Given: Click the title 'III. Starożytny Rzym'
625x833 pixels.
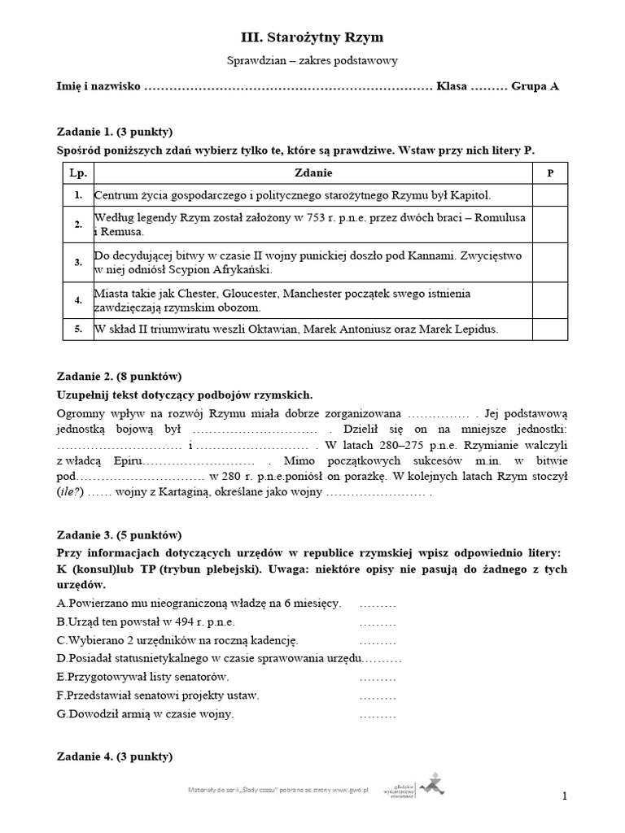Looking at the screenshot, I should (x=312, y=37).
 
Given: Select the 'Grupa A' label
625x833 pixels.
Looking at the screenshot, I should (x=535, y=86).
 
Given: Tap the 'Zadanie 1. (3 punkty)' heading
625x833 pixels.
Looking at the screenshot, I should (x=115, y=132).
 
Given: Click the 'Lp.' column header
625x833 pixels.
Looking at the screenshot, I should (x=78, y=173).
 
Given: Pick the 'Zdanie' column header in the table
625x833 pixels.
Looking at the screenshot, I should (x=312, y=173).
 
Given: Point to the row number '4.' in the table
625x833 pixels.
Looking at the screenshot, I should (x=78, y=300).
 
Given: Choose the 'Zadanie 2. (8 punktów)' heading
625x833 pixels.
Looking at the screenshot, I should (x=119, y=376).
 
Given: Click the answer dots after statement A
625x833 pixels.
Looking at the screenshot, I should (x=377, y=604).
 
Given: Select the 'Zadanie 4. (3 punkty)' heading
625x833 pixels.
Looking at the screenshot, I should (x=115, y=757).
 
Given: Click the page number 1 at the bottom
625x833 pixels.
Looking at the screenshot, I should (x=563, y=796).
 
